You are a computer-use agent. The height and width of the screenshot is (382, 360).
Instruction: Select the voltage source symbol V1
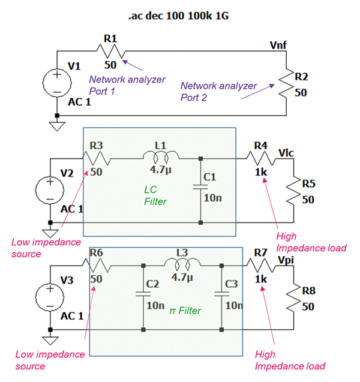pyautogui.click(x=56, y=83)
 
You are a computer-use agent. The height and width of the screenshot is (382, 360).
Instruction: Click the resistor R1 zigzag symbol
pyautogui.click(x=110, y=52)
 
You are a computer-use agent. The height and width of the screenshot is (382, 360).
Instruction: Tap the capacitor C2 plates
pyautogui.click(x=143, y=294)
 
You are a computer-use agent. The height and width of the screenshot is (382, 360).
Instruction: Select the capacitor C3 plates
pyautogui.click(x=221, y=294)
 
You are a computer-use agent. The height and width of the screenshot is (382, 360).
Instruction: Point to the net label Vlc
pyautogui.click(x=287, y=153)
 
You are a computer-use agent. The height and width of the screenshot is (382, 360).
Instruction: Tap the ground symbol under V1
pyautogui.click(x=56, y=125)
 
